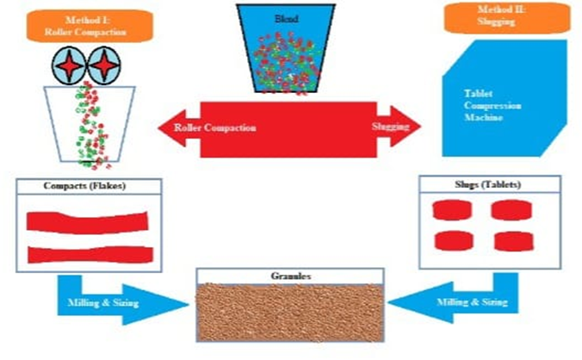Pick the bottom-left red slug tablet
[454, 240]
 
